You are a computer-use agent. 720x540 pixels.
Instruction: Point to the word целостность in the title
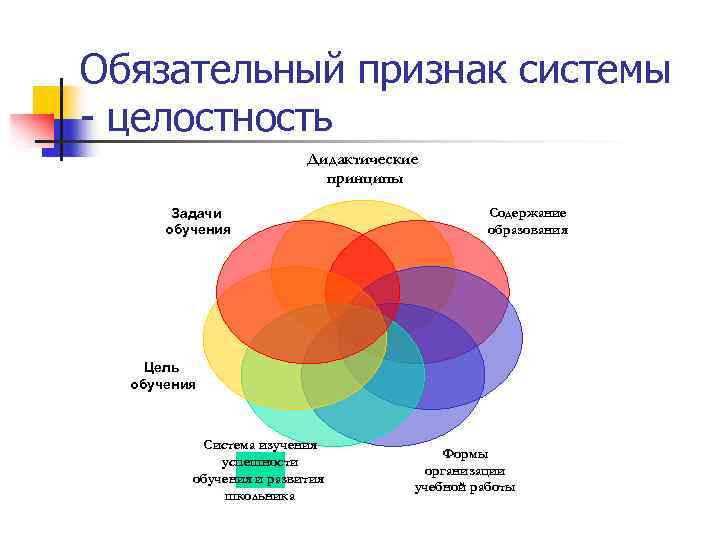click(x=219, y=118)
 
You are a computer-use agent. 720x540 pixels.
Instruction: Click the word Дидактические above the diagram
click(x=363, y=160)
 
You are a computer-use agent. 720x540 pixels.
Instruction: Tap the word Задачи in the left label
click(x=197, y=213)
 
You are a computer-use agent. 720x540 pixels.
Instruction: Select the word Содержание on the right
click(x=528, y=212)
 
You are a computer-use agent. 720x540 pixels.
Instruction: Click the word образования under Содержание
click(x=528, y=229)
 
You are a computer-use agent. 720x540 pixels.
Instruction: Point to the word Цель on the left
click(x=163, y=367)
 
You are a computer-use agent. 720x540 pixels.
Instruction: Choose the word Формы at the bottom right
click(x=465, y=454)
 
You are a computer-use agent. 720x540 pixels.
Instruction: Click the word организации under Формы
click(x=465, y=470)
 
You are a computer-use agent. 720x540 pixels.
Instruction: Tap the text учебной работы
click(x=465, y=487)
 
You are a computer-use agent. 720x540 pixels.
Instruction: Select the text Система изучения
click(x=260, y=445)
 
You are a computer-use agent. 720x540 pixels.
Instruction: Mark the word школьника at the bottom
click(x=260, y=496)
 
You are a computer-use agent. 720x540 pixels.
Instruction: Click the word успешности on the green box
click(x=260, y=462)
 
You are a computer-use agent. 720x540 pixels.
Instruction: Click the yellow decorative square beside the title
click(x=45, y=100)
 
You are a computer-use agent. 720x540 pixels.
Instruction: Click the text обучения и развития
click(x=259, y=479)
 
